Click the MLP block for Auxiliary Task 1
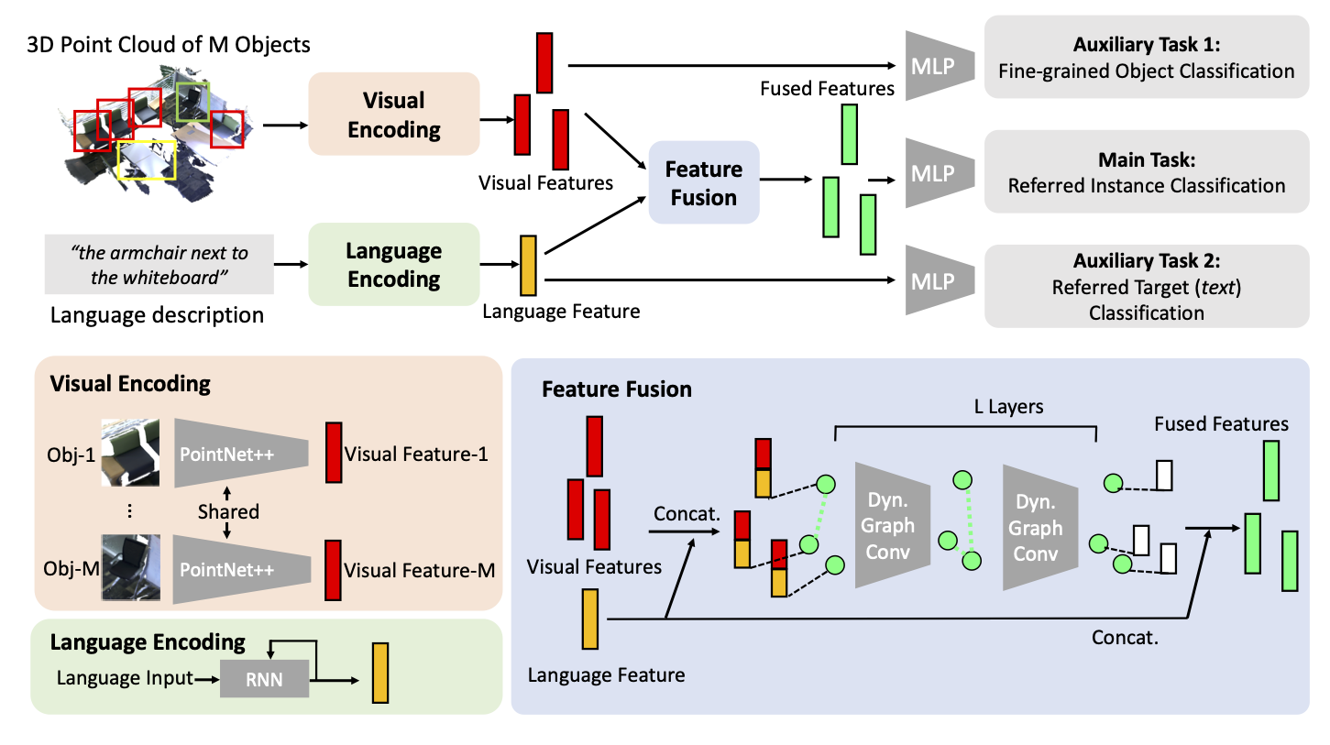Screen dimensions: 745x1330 tap(931, 65)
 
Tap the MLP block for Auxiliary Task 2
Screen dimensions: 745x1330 tap(931, 280)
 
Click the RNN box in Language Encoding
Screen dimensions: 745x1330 tap(264, 679)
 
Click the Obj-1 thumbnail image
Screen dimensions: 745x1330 tap(129, 454)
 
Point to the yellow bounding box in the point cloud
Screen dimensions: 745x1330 tap(147, 159)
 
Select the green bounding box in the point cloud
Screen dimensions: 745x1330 tap(192, 102)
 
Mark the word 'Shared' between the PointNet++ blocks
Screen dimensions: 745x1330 tap(228, 511)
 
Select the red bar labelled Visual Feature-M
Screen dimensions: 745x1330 tap(333, 570)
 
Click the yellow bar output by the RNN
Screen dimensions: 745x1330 tap(380, 674)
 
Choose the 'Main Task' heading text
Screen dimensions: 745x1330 tap(1146, 160)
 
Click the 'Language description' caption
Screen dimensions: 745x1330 tap(157, 316)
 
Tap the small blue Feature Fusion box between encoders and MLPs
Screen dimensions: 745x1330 tap(703, 183)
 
